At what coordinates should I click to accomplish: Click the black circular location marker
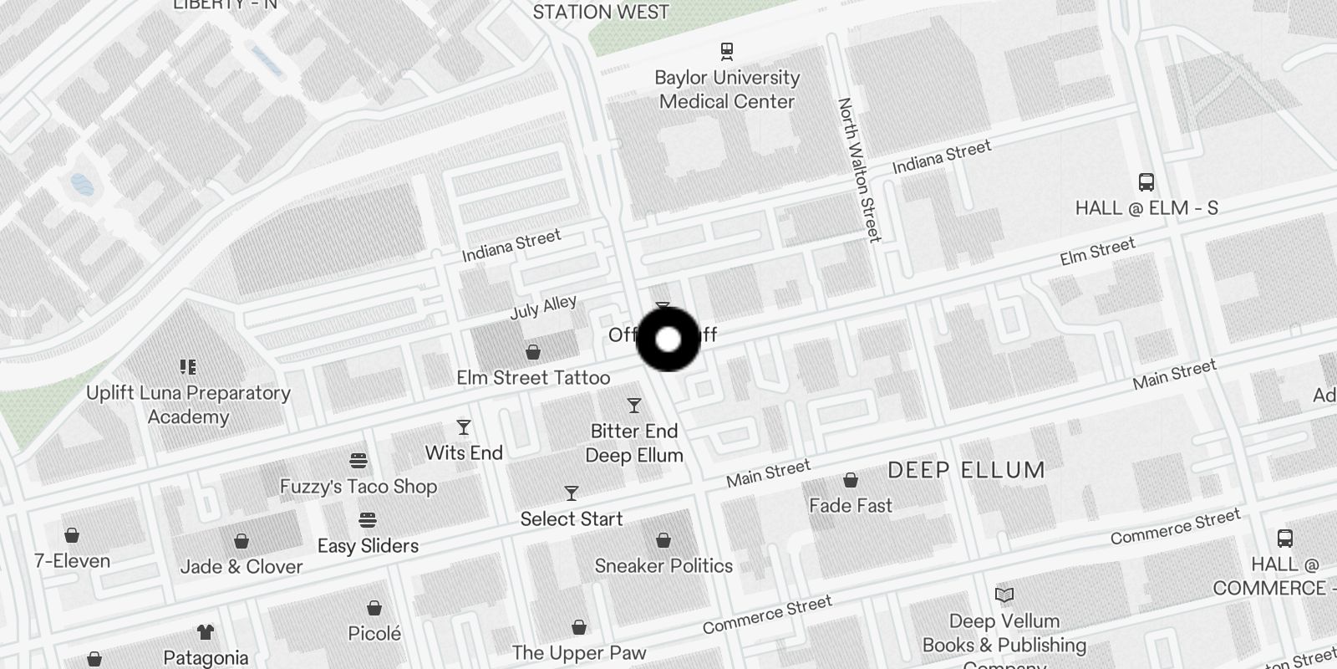[668, 340]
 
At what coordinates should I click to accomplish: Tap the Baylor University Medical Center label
[727, 89]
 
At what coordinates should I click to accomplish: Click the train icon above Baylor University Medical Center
[727, 51]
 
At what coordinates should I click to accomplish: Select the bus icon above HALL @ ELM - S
[1146, 182]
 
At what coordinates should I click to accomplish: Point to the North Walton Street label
[860, 170]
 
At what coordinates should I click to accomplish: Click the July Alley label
[543, 307]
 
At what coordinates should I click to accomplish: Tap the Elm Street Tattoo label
[533, 378]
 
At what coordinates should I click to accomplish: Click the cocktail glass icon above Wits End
[464, 428]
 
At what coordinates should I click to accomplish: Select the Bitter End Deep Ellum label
[634, 443]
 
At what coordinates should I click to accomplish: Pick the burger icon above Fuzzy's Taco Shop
[358, 460]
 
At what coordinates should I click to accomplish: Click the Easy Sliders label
[368, 546]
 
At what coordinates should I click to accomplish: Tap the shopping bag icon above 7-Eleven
[72, 535]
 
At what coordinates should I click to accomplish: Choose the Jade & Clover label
[241, 567]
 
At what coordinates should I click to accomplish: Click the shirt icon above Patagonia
[206, 632]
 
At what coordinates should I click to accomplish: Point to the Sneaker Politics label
[663, 566]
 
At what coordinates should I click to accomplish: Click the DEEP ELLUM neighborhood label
[966, 470]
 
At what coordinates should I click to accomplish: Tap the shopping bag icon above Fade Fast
[851, 480]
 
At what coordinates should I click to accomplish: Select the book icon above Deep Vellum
[1004, 595]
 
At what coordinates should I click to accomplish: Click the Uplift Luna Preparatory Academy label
[189, 405]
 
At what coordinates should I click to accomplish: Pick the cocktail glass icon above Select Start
[572, 493]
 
